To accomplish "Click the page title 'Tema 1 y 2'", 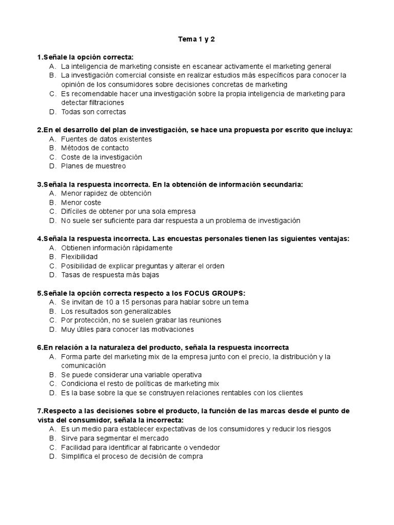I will click(x=196, y=38).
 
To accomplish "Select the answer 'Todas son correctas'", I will click(x=93, y=112).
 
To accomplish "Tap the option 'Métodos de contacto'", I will click(x=94, y=148).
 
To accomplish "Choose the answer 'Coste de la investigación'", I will click(x=101, y=157).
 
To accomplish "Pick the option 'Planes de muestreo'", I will click(x=93, y=166).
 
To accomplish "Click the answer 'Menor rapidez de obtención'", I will click(x=106, y=193).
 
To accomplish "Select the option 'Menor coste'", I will click(x=81, y=203).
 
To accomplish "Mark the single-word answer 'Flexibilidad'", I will click(x=79, y=257).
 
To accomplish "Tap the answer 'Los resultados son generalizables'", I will click(x=116, y=311).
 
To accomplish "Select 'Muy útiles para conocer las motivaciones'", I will click(x=127, y=329).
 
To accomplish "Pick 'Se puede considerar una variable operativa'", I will click(x=131, y=375).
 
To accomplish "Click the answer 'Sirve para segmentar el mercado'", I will click(x=114, y=438).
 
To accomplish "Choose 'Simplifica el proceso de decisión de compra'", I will click(x=132, y=456).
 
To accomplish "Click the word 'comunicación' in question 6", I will click(x=83, y=366).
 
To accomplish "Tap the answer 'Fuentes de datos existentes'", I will click(x=106, y=139).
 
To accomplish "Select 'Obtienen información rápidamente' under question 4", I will click(x=116, y=248).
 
